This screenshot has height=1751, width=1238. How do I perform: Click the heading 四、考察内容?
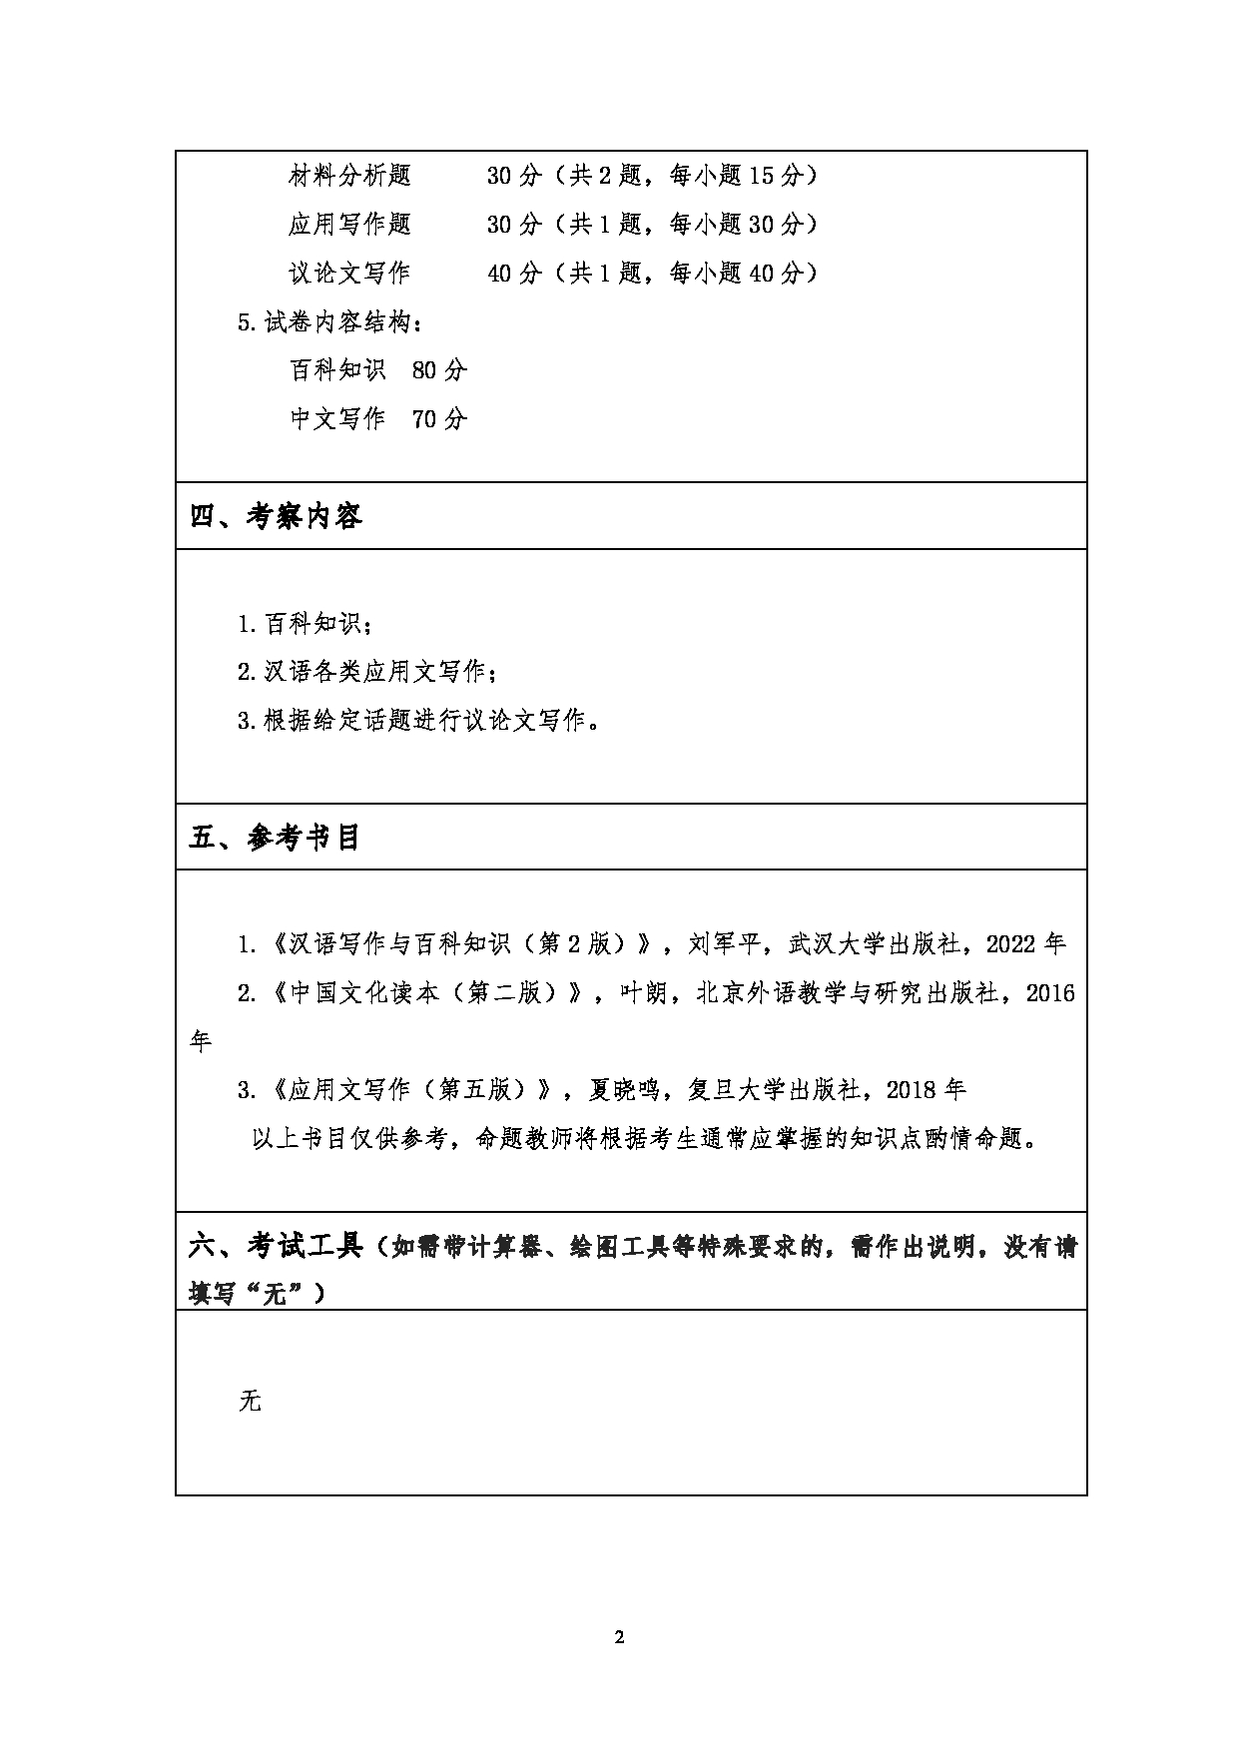[x=276, y=516]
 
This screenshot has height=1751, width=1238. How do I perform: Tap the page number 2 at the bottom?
[x=619, y=1637]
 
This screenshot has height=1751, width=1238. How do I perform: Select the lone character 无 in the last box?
[x=250, y=1401]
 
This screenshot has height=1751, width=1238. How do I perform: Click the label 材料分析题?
[x=349, y=176]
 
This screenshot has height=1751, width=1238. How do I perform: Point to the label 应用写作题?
[x=349, y=224]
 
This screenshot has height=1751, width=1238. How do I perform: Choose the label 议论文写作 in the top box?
[x=349, y=273]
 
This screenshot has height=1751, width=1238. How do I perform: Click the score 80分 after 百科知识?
[x=439, y=370]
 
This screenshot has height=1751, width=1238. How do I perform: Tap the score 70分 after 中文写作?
[x=439, y=419]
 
